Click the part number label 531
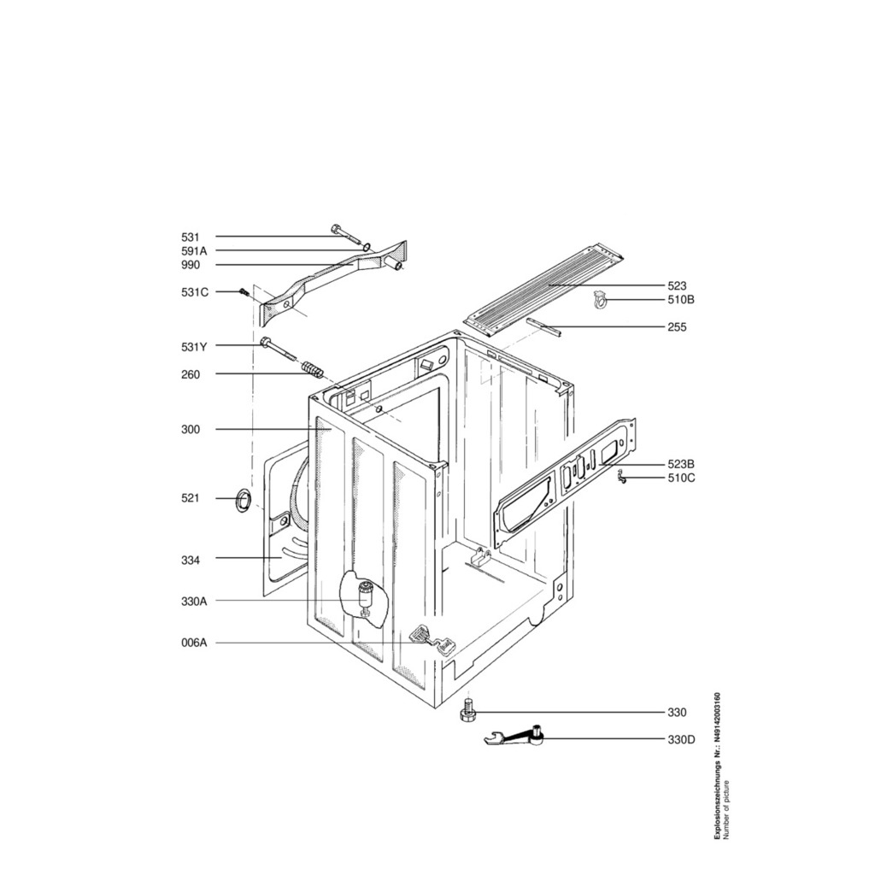click(x=190, y=238)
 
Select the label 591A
click(x=194, y=251)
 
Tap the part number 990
click(x=191, y=265)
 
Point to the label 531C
click(x=195, y=292)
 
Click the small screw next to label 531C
click(x=244, y=292)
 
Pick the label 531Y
click(x=194, y=347)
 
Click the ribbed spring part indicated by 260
click(x=312, y=370)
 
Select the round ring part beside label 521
click(x=243, y=499)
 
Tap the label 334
click(x=191, y=561)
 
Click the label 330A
click(x=194, y=602)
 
